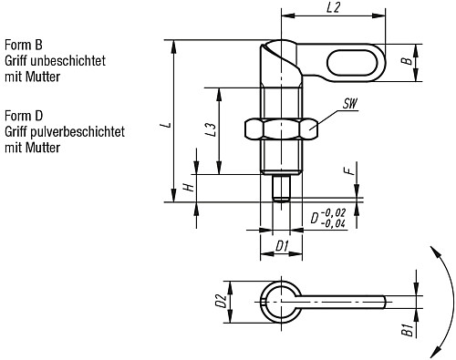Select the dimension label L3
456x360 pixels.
tap(211, 129)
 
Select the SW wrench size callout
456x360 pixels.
tap(348, 105)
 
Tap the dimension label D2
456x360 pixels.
tap(220, 300)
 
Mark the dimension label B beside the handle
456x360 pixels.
tap(407, 62)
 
